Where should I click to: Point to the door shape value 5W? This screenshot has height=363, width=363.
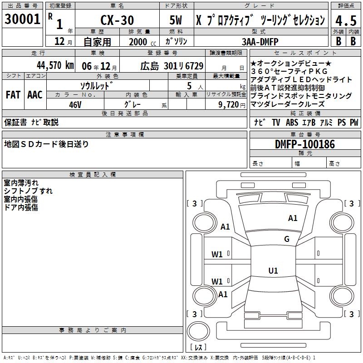pos(177,20)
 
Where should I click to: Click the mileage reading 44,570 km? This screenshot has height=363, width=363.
pos(54,65)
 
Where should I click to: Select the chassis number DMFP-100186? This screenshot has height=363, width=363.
pos(305,145)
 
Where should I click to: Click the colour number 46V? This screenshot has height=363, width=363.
pos(75,104)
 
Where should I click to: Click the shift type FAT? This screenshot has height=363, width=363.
pos(13,95)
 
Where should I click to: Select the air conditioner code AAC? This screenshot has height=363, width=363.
pos(34,95)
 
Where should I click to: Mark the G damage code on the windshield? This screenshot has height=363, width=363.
pos(286,239)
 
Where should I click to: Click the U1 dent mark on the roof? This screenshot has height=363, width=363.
pos(273,271)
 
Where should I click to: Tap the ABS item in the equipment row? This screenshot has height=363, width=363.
pos(292,123)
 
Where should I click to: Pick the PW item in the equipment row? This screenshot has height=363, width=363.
pos(354,123)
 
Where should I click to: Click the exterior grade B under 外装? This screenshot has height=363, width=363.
pos(338,41)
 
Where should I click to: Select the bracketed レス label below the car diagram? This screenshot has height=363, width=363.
pos(198,348)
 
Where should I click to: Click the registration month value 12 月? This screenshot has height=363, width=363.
pos(60,42)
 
